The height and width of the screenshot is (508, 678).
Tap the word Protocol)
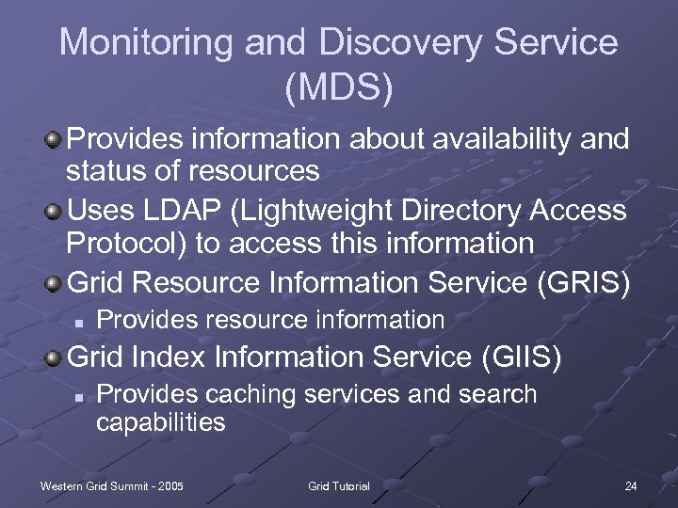pyautogui.click(x=129, y=244)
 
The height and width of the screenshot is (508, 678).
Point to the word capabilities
pyautogui.click(x=161, y=422)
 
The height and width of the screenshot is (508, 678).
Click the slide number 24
pyautogui.click(x=630, y=485)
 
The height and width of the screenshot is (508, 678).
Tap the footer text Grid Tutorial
pyautogui.click(x=339, y=485)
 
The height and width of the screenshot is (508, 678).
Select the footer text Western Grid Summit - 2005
pyautogui.click(x=111, y=485)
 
